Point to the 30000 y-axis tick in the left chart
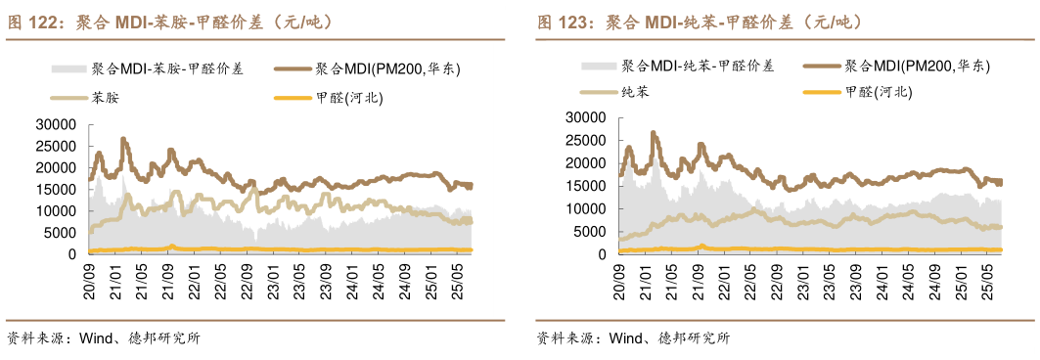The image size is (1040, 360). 55,124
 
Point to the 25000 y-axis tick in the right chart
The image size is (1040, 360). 585,140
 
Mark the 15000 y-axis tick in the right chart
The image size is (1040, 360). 585,186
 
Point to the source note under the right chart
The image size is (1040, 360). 633,339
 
